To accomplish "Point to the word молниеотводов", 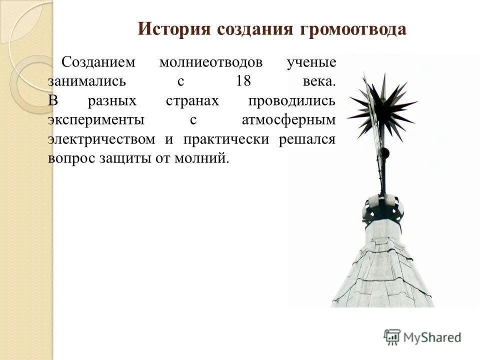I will (210, 63).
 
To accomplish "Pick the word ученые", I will (311, 63).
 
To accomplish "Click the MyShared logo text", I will (431, 337).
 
